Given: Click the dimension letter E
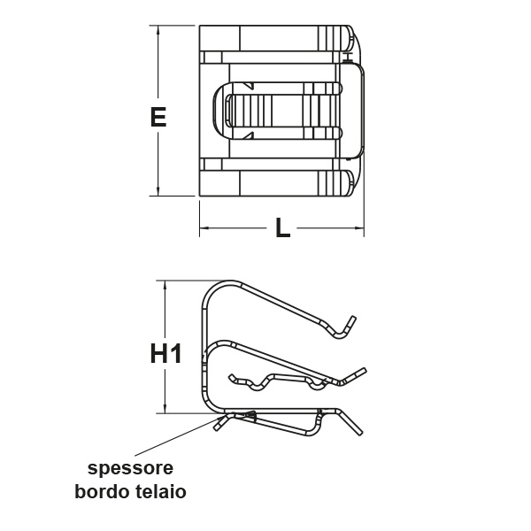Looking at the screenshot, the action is pos(158,117).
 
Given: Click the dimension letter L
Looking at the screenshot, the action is pos(283,227).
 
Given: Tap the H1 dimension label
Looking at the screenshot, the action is pos(166,353).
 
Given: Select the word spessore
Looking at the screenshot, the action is pos(130,469).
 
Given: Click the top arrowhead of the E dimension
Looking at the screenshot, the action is pos(158,30).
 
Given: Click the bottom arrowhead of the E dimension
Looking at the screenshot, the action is pos(158,191).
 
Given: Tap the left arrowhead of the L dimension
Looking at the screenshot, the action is pos(204,228).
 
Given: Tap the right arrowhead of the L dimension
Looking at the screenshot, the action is pos(359,228).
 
